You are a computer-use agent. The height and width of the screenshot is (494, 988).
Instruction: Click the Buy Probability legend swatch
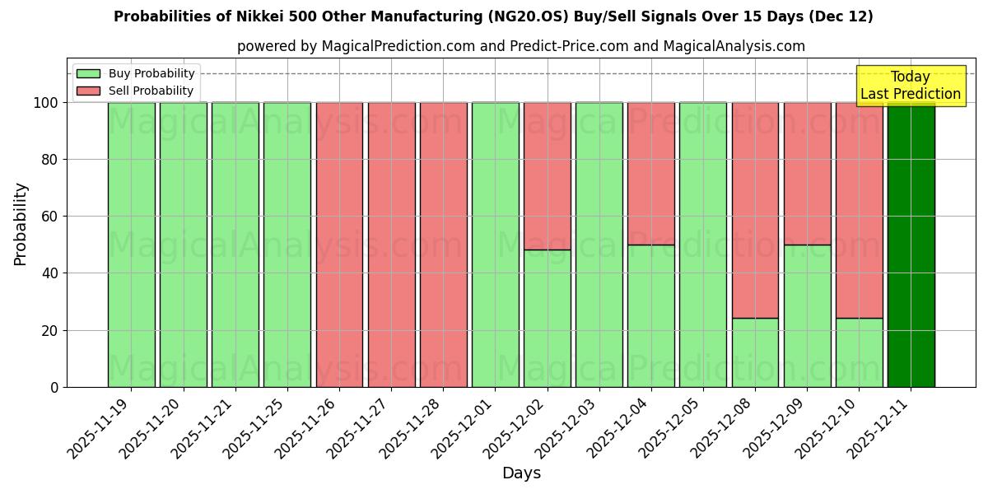coord(88,73)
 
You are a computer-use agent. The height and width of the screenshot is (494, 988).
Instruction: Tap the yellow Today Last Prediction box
coord(910,86)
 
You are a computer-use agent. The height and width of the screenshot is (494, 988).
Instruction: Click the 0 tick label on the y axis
coord(54,387)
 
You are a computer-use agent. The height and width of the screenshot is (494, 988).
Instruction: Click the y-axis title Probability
coord(21,223)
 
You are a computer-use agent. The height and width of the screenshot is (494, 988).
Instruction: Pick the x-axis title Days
coord(521,473)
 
